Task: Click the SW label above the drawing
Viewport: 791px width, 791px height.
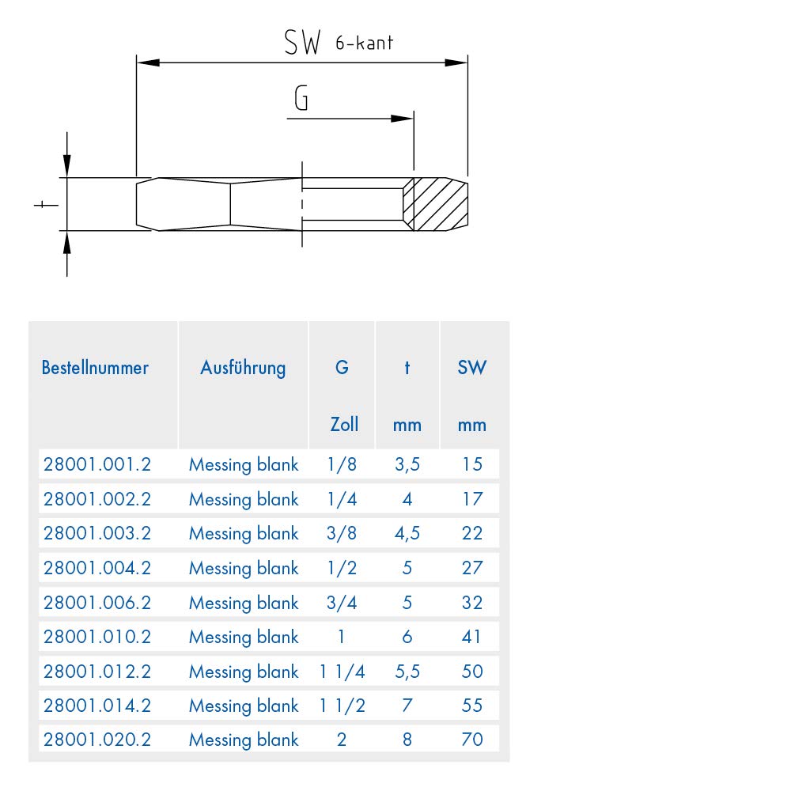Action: pyautogui.click(x=302, y=42)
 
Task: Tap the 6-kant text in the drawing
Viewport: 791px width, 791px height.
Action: pyautogui.click(x=364, y=43)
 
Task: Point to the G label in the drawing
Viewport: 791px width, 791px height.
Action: pyautogui.click(x=301, y=97)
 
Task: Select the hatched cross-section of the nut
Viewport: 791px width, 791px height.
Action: pyautogui.click(x=436, y=204)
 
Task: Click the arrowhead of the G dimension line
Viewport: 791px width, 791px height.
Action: pyautogui.click(x=402, y=119)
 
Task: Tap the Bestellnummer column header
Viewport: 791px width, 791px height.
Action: pyautogui.click(x=95, y=367)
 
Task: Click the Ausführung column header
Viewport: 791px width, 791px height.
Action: pyautogui.click(x=243, y=368)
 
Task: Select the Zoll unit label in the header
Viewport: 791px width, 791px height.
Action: pyautogui.click(x=344, y=424)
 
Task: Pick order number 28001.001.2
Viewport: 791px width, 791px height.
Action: pyautogui.click(x=97, y=464)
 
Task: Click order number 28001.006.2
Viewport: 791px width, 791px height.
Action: pyautogui.click(x=97, y=602)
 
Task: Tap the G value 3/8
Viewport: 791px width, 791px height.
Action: pyautogui.click(x=342, y=533)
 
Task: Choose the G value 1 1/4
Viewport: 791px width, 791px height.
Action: pyautogui.click(x=342, y=672)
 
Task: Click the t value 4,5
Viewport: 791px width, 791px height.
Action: pyautogui.click(x=407, y=533)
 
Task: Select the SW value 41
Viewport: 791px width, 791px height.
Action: pyautogui.click(x=471, y=637)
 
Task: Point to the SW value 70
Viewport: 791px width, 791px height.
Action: pyautogui.click(x=472, y=740)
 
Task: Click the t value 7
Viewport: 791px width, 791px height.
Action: pyautogui.click(x=407, y=706)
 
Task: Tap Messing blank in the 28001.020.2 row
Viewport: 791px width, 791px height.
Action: pyautogui.click(x=244, y=740)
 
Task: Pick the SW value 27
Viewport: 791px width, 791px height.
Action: pyautogui.click(x=472, y=568)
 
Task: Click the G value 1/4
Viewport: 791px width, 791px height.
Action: pyautogui.click(x=342, y=499)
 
